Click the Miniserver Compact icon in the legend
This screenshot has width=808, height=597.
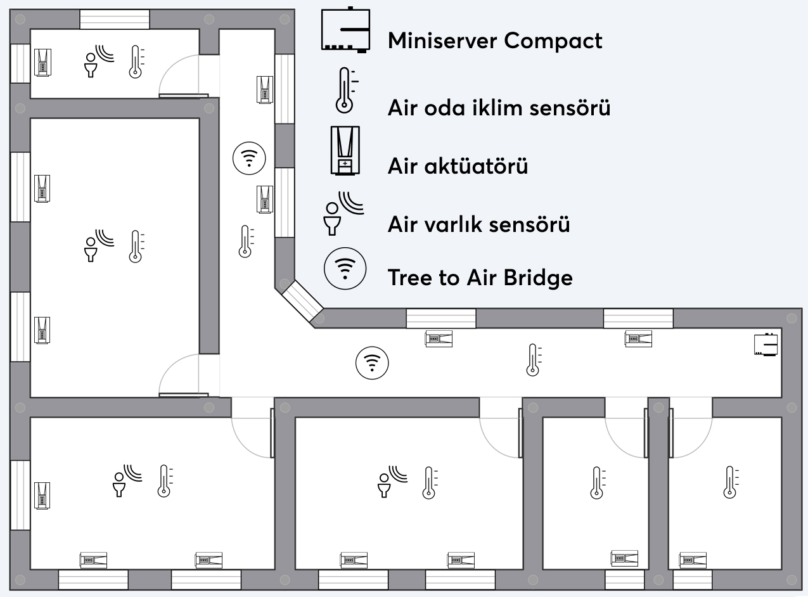(345, 30)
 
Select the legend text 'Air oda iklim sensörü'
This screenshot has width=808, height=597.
(499, 108)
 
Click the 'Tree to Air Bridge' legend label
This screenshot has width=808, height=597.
(480, 277)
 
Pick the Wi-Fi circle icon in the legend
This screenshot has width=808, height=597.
(345, 269)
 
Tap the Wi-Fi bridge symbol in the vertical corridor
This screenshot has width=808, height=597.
(250, 158)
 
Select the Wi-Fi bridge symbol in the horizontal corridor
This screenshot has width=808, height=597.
(372, 364)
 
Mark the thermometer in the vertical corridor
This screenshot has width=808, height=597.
(246, 241)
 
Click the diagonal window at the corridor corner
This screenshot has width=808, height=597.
(302, 300)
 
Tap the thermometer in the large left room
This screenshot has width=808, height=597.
(135, 247)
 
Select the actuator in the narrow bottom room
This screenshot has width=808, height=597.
(624, 558)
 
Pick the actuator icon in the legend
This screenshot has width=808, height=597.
(345, 150)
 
